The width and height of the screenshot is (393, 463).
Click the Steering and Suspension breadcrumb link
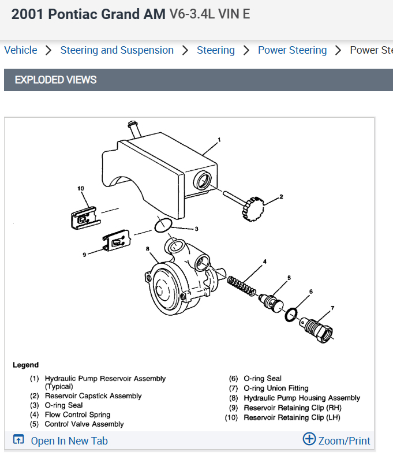(117, 50)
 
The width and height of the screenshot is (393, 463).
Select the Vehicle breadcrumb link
(20, 50)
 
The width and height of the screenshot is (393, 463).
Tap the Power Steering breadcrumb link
(292, 50)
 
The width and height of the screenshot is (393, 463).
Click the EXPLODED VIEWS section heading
(55, 80)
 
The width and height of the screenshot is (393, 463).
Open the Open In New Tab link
(69, 440)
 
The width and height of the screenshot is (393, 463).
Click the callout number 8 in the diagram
(148, 249)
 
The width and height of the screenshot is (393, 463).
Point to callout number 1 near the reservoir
(219, 140)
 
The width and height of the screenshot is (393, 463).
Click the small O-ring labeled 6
(291, 314)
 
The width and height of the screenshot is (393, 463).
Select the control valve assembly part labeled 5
(271, 301)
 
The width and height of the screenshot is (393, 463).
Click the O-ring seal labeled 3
(164, 225)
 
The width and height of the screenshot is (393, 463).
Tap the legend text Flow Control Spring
(77, 415)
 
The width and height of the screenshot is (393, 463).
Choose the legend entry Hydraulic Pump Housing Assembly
(302, 398)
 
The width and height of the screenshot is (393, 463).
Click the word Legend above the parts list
(25, 365)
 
